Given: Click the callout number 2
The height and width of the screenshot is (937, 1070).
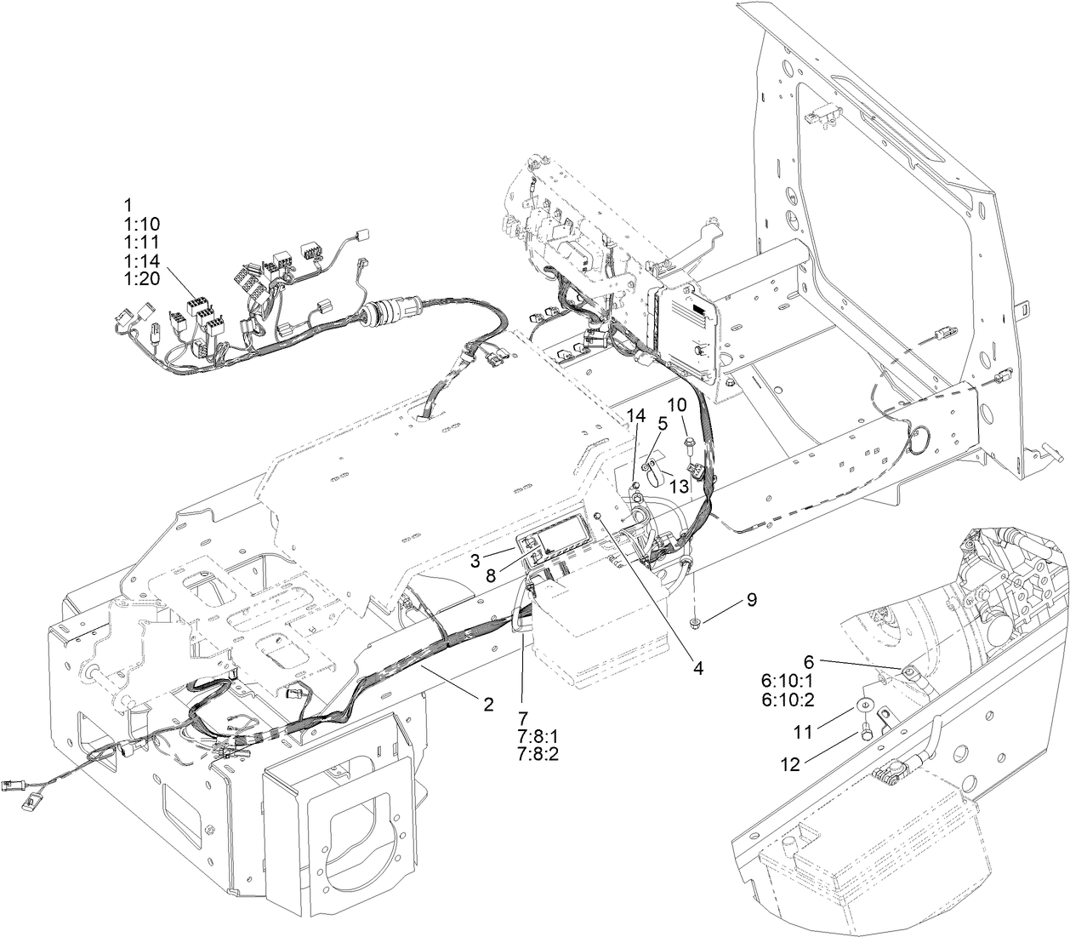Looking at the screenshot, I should tap(487, 704).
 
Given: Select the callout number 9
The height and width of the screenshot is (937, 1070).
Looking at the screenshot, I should tap(751, 599).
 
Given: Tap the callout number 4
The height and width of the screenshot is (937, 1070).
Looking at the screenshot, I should tap(697, 668).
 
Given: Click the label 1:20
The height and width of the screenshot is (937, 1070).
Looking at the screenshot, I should tap(141, 280).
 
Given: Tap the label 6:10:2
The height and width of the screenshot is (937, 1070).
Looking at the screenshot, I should tap(788, 699).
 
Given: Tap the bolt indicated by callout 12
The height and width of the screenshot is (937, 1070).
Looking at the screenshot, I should tap(866, 729).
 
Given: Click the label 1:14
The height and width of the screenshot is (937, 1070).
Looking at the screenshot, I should tap(141, 261).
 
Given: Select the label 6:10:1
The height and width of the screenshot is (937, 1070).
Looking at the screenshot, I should tap(788, 680).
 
